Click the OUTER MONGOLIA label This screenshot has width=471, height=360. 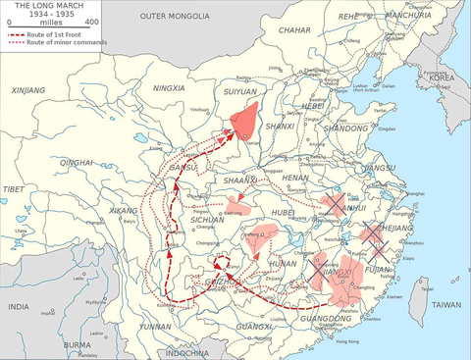[174, 17]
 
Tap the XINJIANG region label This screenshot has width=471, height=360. [28, 90]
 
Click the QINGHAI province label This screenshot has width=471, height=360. [76, 163]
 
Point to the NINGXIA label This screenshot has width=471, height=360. [170, 87]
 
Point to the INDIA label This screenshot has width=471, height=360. [19, 307]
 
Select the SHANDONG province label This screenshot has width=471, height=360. [347, 129]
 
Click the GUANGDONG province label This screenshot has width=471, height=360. [326, 319]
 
